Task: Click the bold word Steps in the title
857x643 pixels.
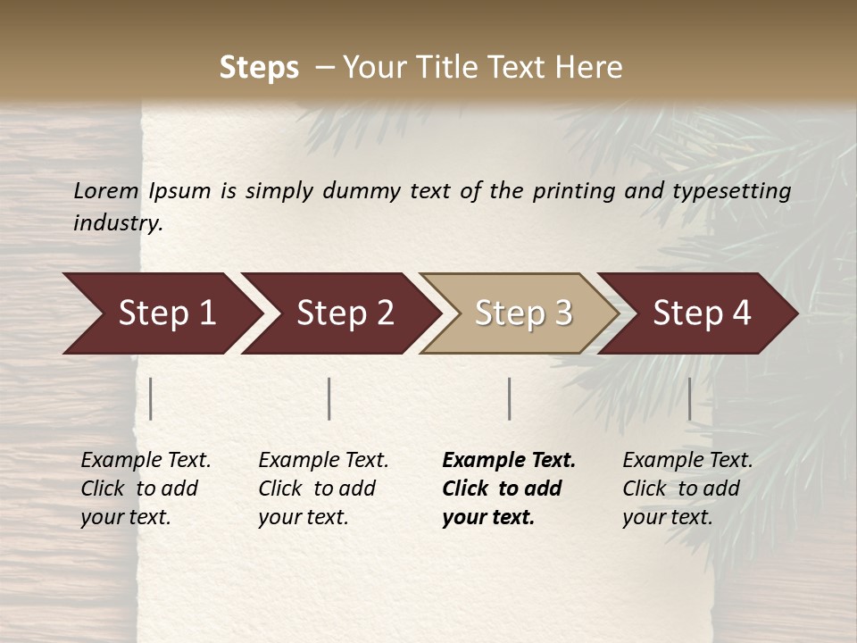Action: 259,68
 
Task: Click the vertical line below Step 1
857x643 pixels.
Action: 151,398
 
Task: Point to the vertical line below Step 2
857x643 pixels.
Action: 329,398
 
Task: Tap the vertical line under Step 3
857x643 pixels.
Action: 510,398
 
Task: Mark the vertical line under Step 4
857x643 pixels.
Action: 690,398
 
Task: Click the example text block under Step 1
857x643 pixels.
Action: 146,489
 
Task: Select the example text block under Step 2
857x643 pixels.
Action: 323,489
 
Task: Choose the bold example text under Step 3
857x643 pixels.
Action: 509,489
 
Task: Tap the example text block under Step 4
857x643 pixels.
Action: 687,489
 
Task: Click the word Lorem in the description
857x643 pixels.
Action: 106,190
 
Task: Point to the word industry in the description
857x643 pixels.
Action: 118,223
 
